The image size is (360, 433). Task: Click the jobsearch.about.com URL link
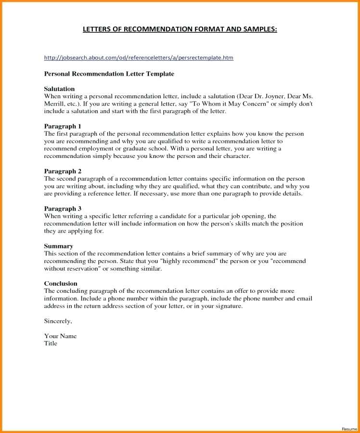[x=139, y=58]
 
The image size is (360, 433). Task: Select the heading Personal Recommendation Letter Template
[x=109, y=74]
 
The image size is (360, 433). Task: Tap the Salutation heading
[x=59, y=89]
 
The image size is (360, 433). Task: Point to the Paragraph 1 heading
[x=63, y=126]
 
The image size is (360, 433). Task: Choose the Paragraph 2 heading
[x=63, y=171]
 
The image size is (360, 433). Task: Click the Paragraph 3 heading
[x=63, y=209]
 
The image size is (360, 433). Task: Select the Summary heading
[x=58, y=246]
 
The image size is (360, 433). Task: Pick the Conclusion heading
[x=61, y=283]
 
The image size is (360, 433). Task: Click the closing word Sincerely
[x=58, y=321]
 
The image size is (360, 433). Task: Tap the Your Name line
[x=60, y=336]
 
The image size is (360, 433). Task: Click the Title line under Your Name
[x=51, y=343]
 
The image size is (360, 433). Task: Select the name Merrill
[x=55, y=104]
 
